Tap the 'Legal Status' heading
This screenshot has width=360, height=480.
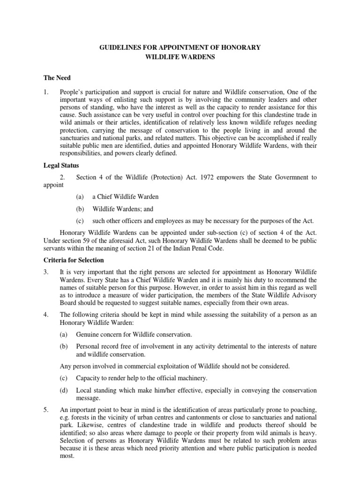61,165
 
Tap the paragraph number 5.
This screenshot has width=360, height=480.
46,410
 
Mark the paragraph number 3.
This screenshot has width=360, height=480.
46,272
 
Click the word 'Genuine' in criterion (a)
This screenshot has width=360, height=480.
88,335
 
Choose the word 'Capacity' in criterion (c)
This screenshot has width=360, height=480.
89,378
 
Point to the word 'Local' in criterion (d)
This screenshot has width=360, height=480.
84,390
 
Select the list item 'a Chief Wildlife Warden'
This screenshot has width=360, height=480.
126,197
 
